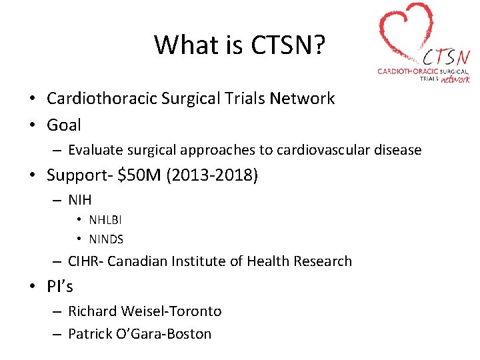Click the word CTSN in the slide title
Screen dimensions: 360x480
[279, 45]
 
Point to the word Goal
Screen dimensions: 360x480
[64, 125]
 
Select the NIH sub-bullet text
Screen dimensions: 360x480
[80, 199]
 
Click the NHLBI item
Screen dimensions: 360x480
[105, 220]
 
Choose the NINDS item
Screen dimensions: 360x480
[106, 239]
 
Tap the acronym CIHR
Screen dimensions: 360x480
[85, 261]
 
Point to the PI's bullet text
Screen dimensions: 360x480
[60, 287]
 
